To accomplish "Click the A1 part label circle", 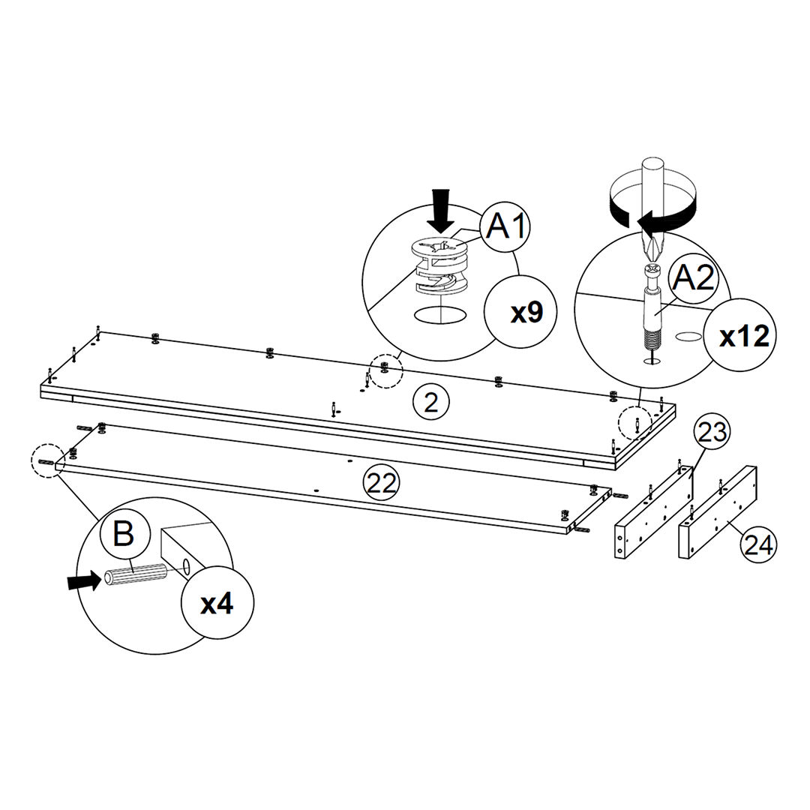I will click(507, 224).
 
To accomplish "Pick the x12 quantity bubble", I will click(743, 337).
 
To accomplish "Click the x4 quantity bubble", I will click(217, 604).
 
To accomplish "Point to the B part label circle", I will click(123, 535).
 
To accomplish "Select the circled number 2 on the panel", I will click(430, 403).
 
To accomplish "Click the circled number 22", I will click(382, 482).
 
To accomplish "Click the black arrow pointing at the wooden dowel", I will click(82, 580).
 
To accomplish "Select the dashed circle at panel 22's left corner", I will click(47, 461).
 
